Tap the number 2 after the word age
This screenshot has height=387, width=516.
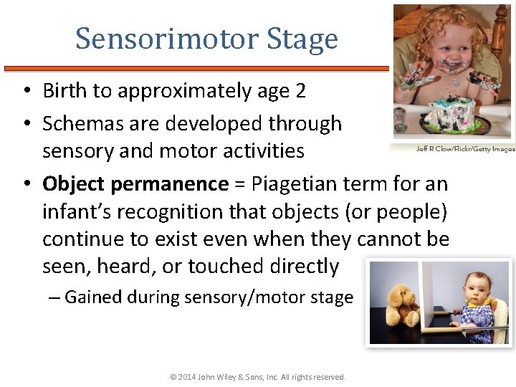(x=300, y=91)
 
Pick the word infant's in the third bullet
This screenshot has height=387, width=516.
(x=76, y=211)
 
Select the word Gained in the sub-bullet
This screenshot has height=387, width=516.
(x=92, y=297)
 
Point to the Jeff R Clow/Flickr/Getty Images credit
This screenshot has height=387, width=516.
(x=465, y=149)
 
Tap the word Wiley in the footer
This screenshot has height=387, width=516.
(x=231, y=377)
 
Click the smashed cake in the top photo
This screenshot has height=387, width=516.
(x=454, y=113)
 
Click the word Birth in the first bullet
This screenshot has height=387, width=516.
(x=66, y=91)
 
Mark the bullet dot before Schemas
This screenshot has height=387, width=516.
(x=25, y=124)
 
